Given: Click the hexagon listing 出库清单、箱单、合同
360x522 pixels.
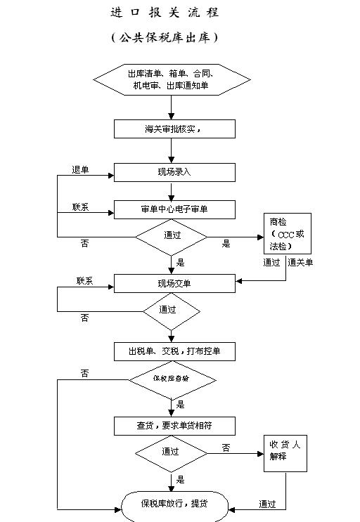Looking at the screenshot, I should point(171,79).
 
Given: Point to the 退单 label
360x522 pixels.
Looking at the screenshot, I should point(80,169).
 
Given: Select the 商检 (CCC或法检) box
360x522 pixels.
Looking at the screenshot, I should point(286,235).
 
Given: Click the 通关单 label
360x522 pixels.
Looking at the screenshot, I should point(301,262).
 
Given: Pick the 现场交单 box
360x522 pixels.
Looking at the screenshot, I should point(174,283).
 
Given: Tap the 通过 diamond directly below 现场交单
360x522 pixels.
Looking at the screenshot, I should point(171,310).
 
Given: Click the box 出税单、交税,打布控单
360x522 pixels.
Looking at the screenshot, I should point(174,351).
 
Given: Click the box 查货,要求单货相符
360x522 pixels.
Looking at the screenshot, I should point(174,426).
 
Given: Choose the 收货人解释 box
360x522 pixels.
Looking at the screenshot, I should point(286,453).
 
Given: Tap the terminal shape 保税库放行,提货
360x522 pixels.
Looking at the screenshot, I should point(174,503).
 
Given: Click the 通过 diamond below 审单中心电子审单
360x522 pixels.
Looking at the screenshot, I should point(171,236).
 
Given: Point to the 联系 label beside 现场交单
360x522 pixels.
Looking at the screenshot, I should point(85,281).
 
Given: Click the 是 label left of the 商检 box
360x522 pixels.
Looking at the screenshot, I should point(226,244).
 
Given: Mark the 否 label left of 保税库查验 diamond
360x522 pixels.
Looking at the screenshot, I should point(85,373).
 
